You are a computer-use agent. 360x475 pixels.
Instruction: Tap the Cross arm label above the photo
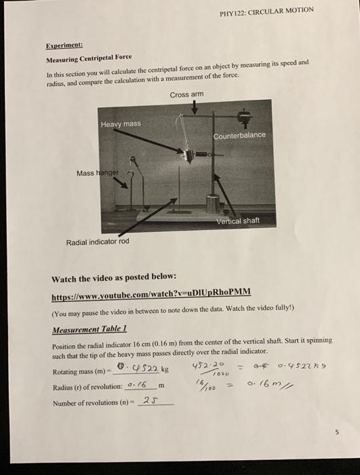(186, 94)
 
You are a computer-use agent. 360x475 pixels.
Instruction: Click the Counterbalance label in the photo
(239, 136)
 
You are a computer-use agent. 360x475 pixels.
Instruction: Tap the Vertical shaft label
(237, 221)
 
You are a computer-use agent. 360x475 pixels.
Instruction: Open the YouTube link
(151, 292)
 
